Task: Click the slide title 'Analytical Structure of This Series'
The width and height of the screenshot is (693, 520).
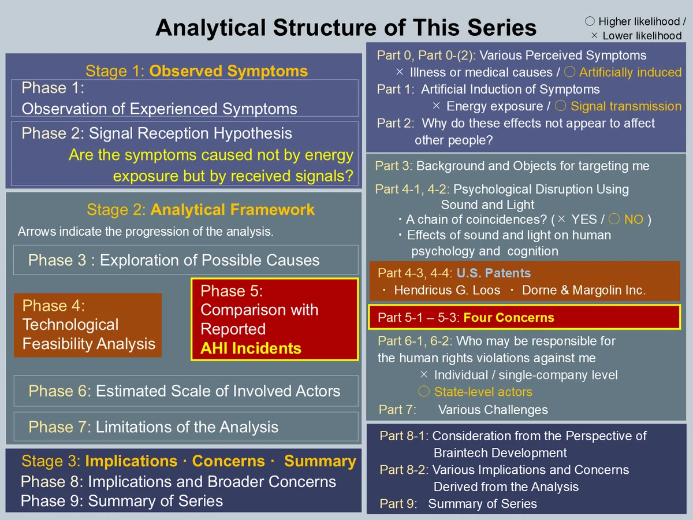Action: (346, 28)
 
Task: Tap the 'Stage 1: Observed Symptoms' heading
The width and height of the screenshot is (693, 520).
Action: (196, 71)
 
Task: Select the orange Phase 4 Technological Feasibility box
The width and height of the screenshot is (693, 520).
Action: (88, 325)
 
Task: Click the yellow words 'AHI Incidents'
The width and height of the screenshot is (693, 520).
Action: (251, 348)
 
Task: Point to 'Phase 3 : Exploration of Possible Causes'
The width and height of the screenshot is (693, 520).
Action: (174, 260)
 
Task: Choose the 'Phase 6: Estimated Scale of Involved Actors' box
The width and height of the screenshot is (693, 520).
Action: (186, 391)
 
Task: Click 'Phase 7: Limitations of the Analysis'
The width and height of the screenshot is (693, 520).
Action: (154, 427)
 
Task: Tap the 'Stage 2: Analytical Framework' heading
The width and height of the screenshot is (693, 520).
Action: (200, 210)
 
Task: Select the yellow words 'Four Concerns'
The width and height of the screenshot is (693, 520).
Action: (509, 317)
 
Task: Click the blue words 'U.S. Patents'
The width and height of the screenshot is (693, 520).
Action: (493, 273)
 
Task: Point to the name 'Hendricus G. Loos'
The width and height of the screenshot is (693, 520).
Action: (447, 290)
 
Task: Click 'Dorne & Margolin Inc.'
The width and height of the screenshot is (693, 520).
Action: (584, 290)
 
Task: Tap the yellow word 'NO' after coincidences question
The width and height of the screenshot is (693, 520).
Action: (634, 220)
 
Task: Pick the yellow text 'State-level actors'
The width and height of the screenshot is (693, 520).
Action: (483, 392)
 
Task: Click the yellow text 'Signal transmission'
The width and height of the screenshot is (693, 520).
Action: (626, 106)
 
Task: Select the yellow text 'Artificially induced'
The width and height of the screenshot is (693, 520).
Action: (630, 72)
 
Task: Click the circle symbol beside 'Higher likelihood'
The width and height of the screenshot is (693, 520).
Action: (590, 21)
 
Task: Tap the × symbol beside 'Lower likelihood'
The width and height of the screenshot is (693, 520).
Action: (594, 35)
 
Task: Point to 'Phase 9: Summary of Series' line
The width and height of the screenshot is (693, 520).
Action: (122, 501)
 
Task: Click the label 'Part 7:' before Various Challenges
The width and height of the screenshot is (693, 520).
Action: (397, 410)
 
